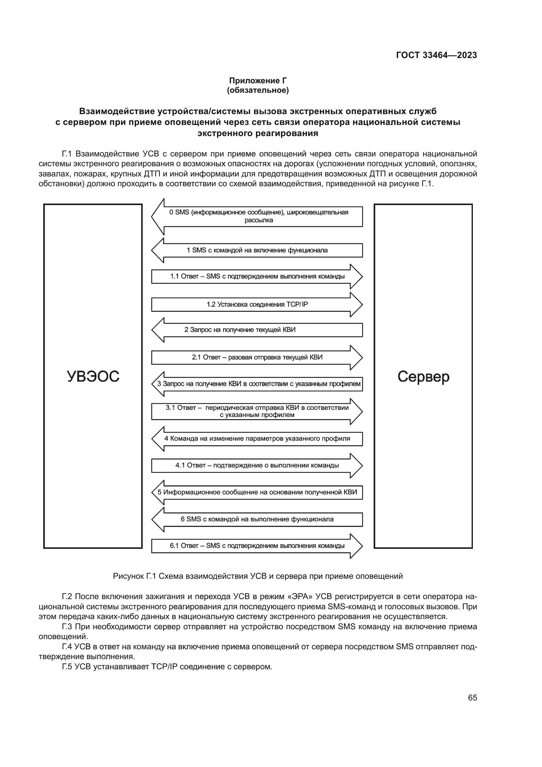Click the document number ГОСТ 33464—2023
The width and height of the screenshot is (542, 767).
click(x=436, y=55)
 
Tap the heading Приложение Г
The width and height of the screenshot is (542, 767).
click(x=258, y=81)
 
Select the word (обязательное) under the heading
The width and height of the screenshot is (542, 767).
click(x=258, y=90)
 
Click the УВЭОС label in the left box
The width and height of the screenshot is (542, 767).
click(x=93, y=376)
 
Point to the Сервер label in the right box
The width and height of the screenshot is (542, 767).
click(x=423, y=376)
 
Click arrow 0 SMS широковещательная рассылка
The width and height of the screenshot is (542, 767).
click(x=258, y=216)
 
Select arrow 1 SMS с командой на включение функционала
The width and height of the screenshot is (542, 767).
click(x=257, y=250)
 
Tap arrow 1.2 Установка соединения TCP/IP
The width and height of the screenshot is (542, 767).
click(x=257, y=304)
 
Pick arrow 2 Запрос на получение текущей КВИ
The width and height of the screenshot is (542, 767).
click(x=257, y=330)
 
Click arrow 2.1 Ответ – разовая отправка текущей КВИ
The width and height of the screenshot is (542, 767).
click(x=257, y=357)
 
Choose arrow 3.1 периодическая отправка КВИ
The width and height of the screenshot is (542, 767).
click(x=257, y=411)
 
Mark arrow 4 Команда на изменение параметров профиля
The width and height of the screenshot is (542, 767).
click(x=257, y=438)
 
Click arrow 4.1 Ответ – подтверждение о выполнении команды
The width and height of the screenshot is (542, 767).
click(x=257, y=465)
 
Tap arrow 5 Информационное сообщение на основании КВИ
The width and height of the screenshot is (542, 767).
click(x=257, y=492)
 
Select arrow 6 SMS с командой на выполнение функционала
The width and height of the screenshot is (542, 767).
click(x=257, y=519)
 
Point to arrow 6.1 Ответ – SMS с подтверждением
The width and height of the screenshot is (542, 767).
click(x=257, y=546)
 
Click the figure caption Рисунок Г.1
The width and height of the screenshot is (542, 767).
click(x=258, y=576)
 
